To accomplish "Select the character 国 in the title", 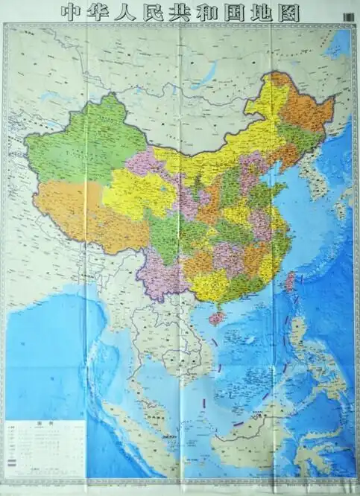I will point(239,13).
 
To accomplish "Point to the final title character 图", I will point(290,13).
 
